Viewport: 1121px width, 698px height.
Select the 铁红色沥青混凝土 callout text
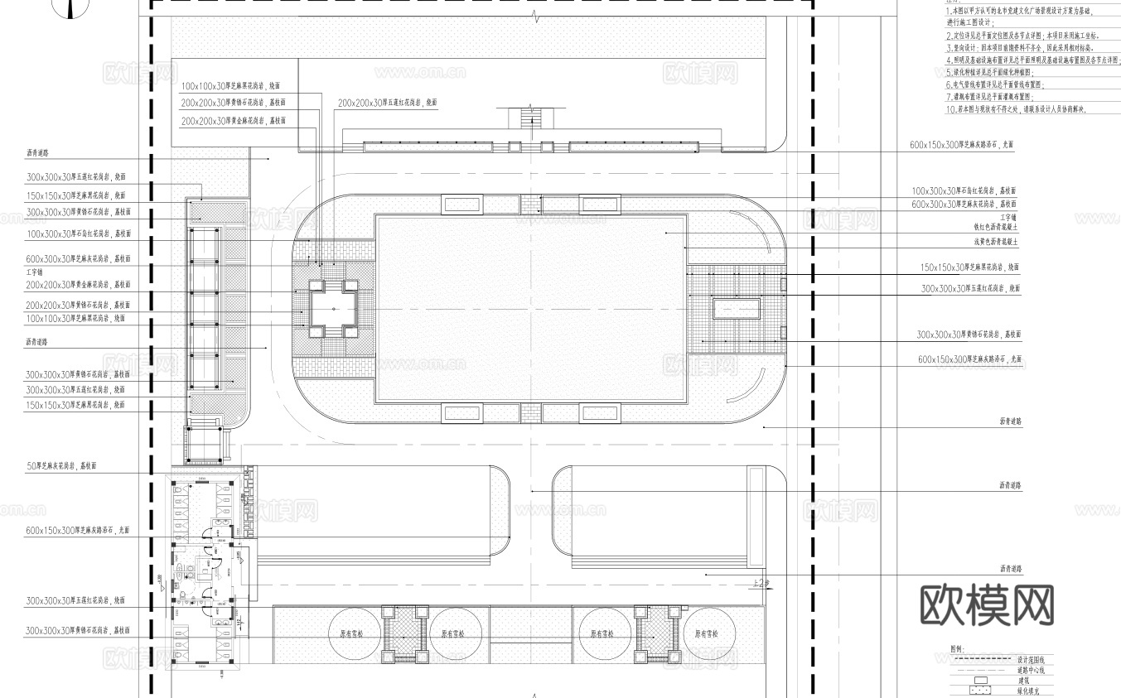(x=997, y=225)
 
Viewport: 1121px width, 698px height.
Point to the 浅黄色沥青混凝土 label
(x=996, y=242)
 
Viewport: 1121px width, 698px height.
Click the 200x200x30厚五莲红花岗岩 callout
(x=387, y=103)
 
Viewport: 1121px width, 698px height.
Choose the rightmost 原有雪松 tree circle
(x=709, y=633)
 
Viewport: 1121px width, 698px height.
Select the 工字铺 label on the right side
(x=1008, y=216)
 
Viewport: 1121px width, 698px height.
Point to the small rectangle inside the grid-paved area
(x=736, y=309)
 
